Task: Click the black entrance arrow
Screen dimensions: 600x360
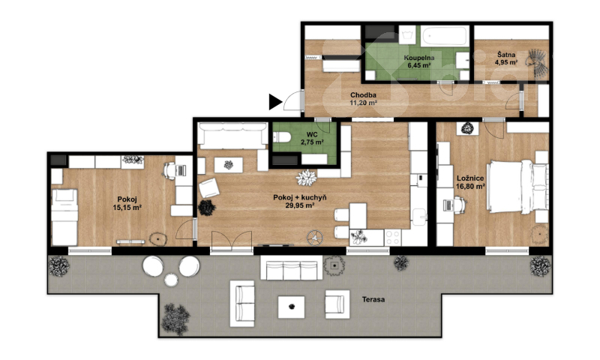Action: point(274,102)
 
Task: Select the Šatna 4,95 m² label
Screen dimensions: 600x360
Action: point(506,58)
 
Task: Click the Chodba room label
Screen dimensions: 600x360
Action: point(363,99)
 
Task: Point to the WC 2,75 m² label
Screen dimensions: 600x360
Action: point(312,139)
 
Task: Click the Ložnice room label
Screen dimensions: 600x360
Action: point(470,182)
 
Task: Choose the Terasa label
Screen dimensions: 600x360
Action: point(373,299)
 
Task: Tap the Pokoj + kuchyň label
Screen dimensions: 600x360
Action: point(299,201)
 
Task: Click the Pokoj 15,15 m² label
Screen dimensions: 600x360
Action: point(127,203)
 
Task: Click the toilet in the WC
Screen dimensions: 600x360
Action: point(280,137)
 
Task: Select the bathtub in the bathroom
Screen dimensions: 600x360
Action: point(445,36)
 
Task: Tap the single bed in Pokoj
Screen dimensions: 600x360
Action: point(64,217)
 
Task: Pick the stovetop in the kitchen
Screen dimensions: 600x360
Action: point(393,237)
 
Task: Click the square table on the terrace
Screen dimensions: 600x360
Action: point(291,307)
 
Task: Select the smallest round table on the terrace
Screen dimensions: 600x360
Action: point(171,280)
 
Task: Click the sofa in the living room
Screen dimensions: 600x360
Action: point(233,136)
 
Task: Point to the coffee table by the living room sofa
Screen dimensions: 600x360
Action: point(229,165)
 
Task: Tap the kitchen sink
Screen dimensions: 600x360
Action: point(418,217)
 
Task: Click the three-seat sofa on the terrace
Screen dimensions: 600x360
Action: point(292,268)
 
